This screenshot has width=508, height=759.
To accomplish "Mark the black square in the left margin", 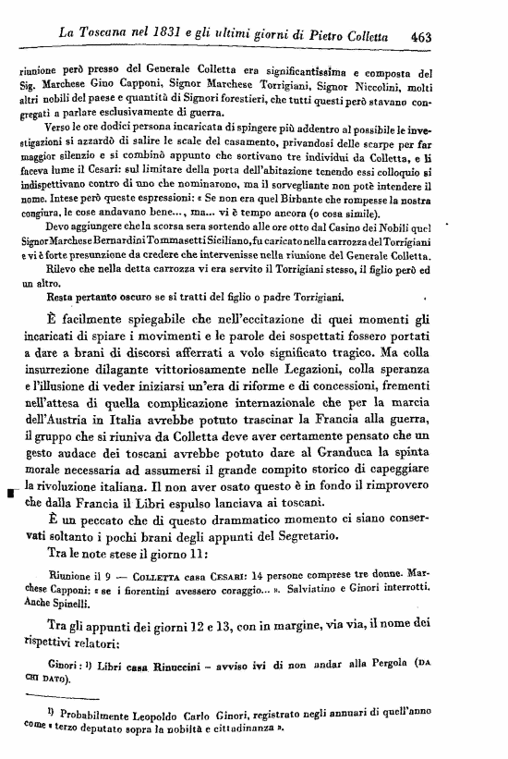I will click(x=10, y=494).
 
